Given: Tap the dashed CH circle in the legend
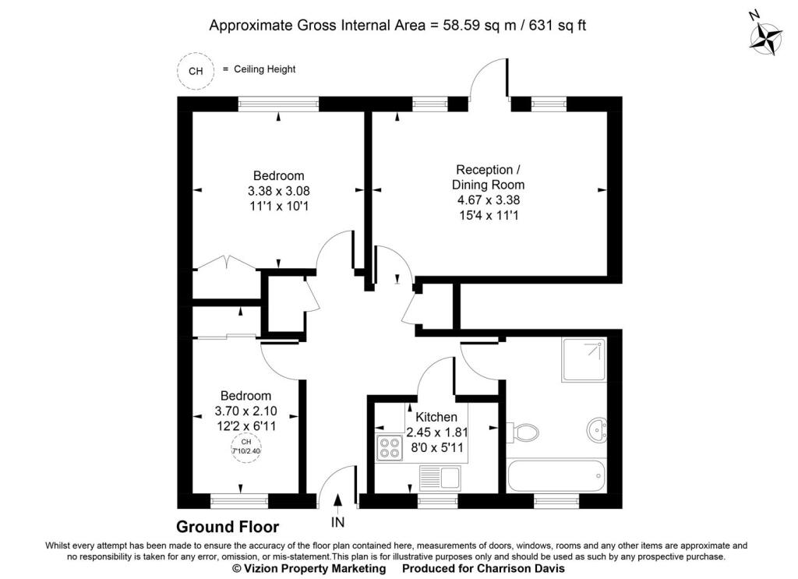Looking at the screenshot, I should pos(196,71).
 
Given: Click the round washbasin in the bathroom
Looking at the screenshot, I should pos(598,429).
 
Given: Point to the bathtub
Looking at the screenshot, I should pos(556,474).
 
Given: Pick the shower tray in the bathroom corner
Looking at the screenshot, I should pos(584,359).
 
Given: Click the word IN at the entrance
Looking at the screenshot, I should pos(337,521).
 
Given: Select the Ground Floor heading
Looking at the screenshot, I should pos(227,528).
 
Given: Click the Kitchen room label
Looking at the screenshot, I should pos(436,418).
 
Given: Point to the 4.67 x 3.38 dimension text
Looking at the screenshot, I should pos(484,199).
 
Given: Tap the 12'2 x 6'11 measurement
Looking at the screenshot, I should pos(245,426).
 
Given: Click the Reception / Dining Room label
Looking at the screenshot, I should pos(484,178).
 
